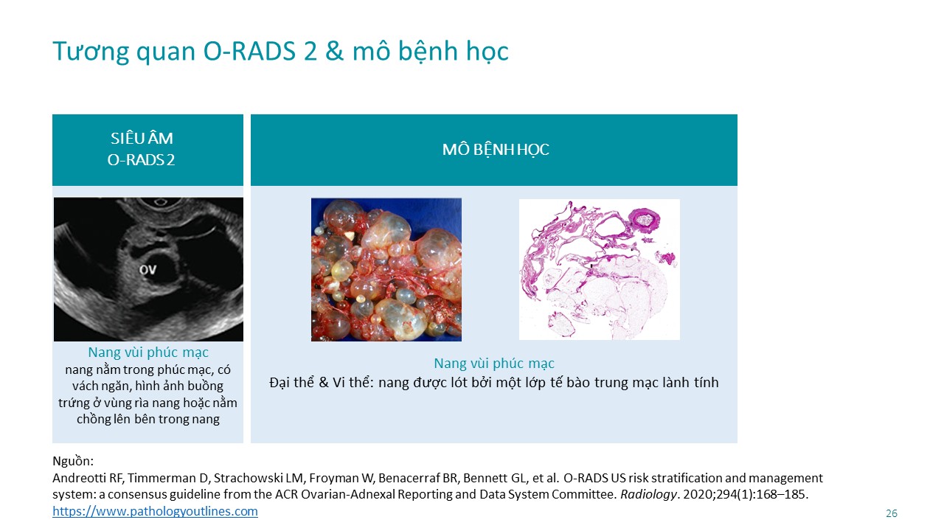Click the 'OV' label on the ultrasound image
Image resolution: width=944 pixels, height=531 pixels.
pos(148,269)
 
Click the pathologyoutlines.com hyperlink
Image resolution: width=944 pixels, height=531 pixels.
pos(155,511)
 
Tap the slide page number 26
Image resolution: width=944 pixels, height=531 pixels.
pos(892,513)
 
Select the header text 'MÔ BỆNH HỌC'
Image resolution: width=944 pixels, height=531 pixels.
pos(496,150)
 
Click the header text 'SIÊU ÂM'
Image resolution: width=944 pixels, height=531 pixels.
pos(142,138)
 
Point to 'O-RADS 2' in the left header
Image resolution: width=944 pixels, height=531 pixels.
pos(141,160)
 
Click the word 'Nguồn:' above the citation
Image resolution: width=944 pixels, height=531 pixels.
pos(73,461)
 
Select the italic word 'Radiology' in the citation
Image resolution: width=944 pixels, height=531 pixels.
pos(648,494)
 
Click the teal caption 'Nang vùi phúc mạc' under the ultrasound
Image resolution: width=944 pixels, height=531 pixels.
pos(148,353)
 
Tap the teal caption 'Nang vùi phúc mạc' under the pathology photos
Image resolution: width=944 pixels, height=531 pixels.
pos(494,364)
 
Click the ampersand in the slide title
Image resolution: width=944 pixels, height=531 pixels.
pos(334,52)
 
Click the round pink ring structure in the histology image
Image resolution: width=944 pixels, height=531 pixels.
pos(645,220)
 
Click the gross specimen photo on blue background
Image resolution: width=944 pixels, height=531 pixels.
pos(386,270)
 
